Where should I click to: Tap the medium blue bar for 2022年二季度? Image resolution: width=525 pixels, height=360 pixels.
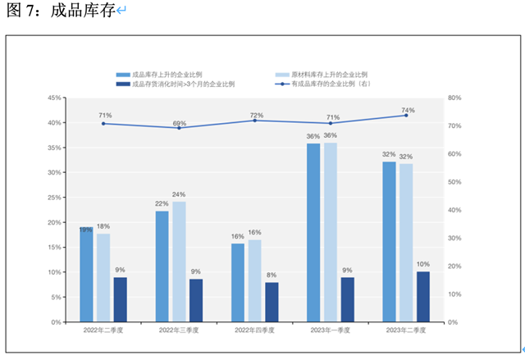click(x=86, y=274)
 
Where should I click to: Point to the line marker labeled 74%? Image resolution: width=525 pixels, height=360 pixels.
click(x=405, y=116)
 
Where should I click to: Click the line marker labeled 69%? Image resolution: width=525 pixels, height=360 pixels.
click(x=179, y=128)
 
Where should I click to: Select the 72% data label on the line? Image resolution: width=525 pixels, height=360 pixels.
click(x=256, y=115)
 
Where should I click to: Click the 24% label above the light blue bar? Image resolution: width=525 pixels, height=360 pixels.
click(x=179, y=194)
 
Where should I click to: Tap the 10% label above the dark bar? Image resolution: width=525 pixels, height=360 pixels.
click(x=422, y=264)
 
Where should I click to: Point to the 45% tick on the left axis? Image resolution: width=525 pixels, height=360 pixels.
click(x=53, y=98)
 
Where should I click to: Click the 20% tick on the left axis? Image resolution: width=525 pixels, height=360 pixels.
click(x=53, y=222)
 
